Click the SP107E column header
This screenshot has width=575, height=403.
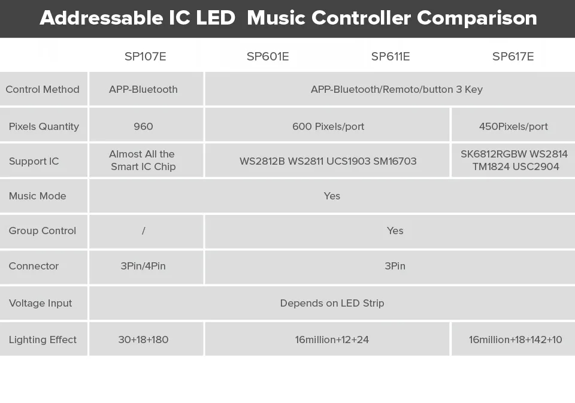coord(145,56)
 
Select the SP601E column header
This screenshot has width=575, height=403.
coord(268,56)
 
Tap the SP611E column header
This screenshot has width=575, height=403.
coord(391,56)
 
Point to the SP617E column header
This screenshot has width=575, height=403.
coord(513,56)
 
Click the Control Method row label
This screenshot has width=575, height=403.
coord(43,89)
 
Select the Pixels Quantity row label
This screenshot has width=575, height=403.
coord(44,126)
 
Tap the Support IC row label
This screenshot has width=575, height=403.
coord(34,161)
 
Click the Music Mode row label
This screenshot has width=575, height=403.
coord(37,196)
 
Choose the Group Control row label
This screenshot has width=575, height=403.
coord(43,231)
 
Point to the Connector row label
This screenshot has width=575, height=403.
coord(34,266)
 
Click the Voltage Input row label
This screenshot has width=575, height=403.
coord(40,303)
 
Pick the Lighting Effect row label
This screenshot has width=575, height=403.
coord(43,340)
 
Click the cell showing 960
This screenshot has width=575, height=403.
coord(143,126)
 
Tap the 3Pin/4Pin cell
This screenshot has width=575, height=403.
coord(143,266)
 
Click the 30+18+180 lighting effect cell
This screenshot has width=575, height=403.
coord(143,340)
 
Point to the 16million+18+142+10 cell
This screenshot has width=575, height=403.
coord(515,340)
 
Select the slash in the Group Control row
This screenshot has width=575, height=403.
coord(143,231)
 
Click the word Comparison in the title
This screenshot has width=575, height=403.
coord(477,19)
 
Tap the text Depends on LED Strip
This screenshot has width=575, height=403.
coord(332,303)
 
